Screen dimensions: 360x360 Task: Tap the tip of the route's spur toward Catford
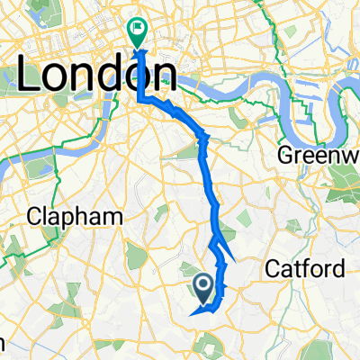pos(225,261)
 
